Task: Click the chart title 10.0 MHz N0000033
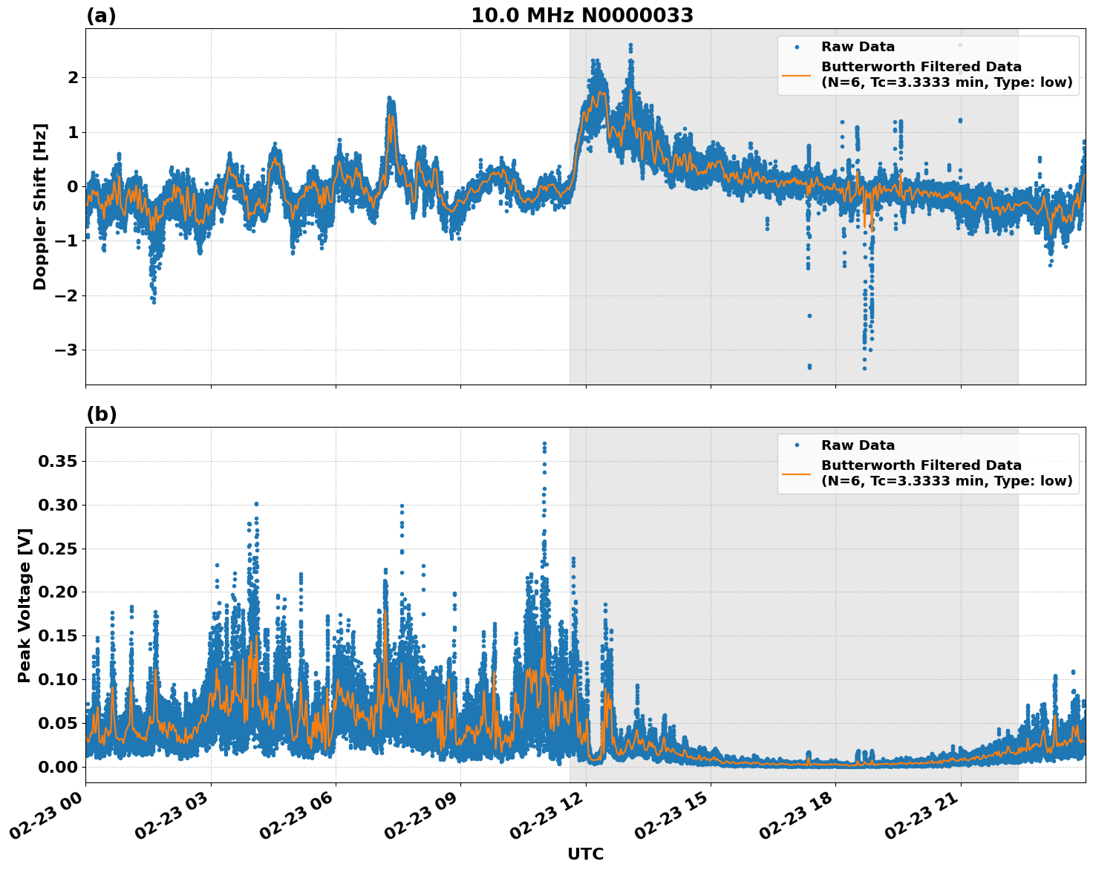coord(581,16)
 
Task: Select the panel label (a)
coord(101,16)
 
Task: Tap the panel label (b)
coord(101,414)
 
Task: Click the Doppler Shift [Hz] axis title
coord(40,206)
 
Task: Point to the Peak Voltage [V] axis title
coord(25,605)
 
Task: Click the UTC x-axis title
coord(585,854)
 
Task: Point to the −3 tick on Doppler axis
coord(65,350)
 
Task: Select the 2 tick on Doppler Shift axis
coord(73,77)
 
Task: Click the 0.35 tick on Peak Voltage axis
coord(57,462)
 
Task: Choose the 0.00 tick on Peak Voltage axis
coord(57,767)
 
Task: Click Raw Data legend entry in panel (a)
coord(858,47)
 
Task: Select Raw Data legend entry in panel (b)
coord(858,445)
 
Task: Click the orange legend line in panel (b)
coord(797,474)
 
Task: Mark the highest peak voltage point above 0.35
coord(544,444)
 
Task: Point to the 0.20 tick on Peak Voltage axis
coord(57,592)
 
